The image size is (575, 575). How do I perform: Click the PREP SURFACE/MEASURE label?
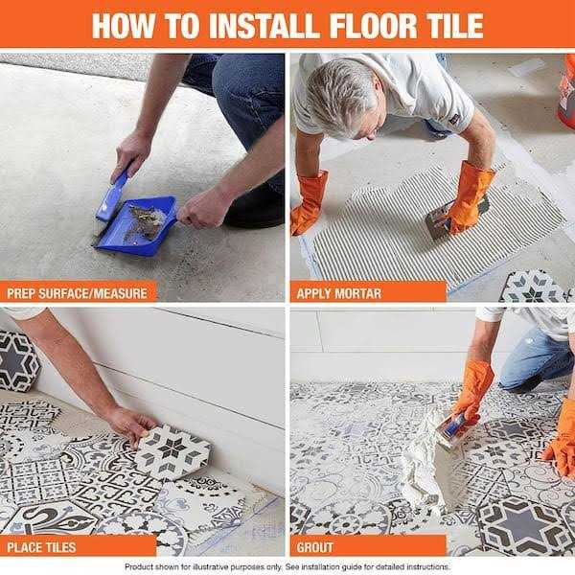pos(77,291)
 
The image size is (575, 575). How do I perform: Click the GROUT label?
pos(315,546)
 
